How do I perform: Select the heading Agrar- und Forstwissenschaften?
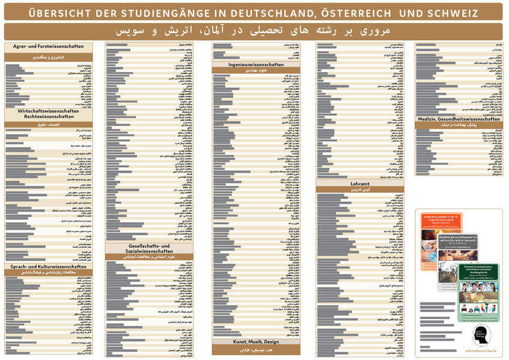click(49, 46)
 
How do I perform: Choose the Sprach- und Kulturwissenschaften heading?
click(49, 266)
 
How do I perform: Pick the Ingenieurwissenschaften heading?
click(256, 64)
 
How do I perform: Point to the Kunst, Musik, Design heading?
click(256, 342)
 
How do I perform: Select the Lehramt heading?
click(360, 183)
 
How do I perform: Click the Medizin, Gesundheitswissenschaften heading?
click(459, 119)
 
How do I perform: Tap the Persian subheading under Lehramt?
click(360, 189)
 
